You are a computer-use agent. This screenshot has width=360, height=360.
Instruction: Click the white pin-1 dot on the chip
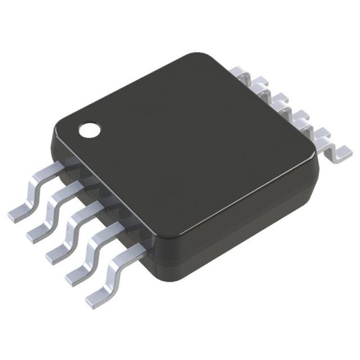click(x=87, y=129)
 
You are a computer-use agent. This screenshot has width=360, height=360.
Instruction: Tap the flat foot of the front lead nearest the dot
click(x=19, y=213)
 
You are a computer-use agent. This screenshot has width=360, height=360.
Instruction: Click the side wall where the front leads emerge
click(x=101, y=203)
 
